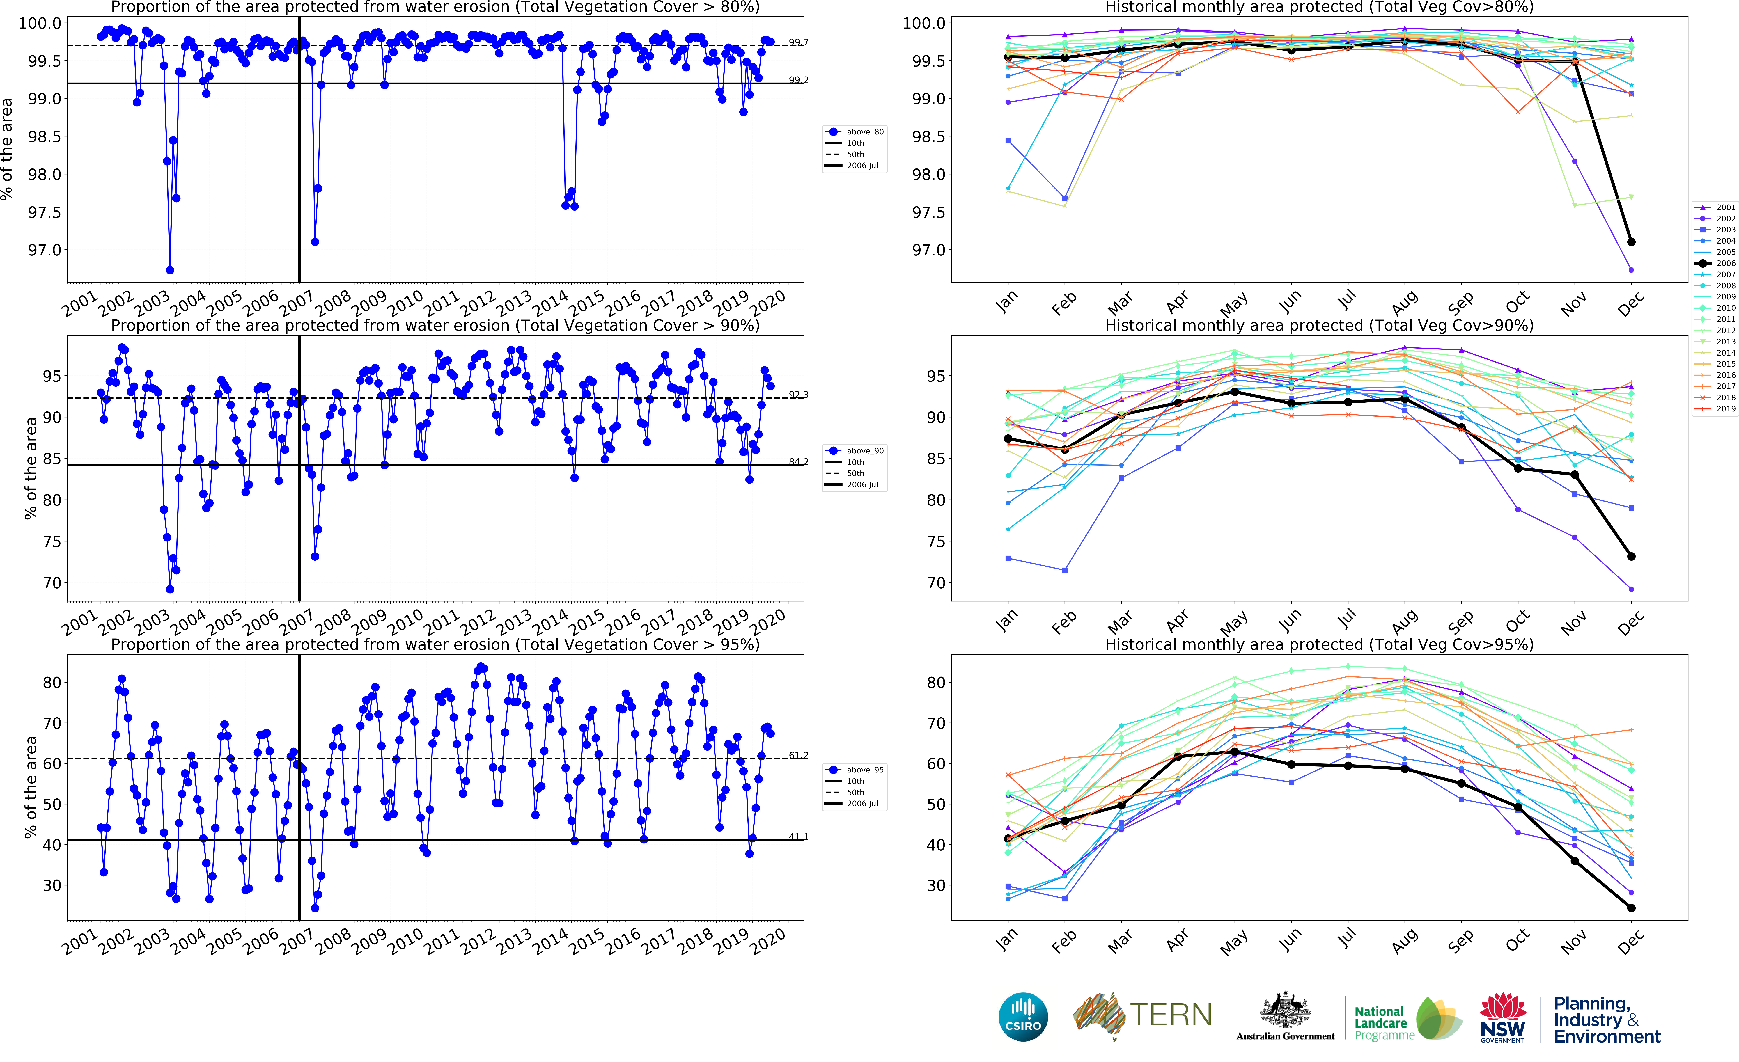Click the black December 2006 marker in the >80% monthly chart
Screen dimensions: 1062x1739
tap(1631, 242)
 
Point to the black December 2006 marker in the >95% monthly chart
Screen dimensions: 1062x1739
tap(1631, 908)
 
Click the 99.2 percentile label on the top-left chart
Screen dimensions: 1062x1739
tap(798, 80)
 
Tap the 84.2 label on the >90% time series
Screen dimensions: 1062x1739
tap(798, 461)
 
